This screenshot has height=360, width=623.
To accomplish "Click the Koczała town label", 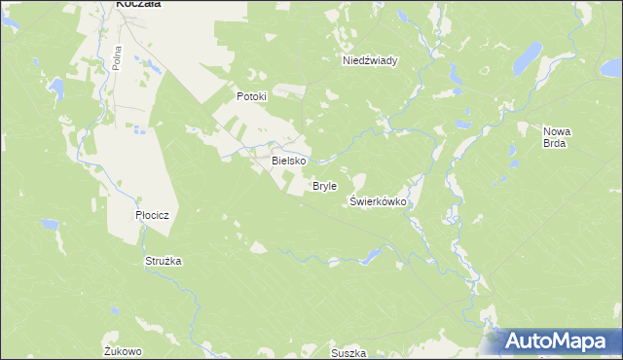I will click(x=138, y=4).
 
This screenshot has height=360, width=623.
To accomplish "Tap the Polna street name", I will click(x=116, y=55).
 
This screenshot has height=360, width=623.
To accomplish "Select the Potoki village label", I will click(x=251, y=97).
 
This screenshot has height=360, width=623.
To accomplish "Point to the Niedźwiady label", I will click(x=369, y=60).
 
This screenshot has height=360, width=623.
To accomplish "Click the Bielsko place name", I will click(x=289, y=160).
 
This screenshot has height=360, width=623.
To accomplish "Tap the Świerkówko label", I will click(x=377, y=201).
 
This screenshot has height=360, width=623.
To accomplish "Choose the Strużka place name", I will click(x=164, y=262).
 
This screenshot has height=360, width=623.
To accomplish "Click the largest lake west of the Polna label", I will click(x=57, y=90).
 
